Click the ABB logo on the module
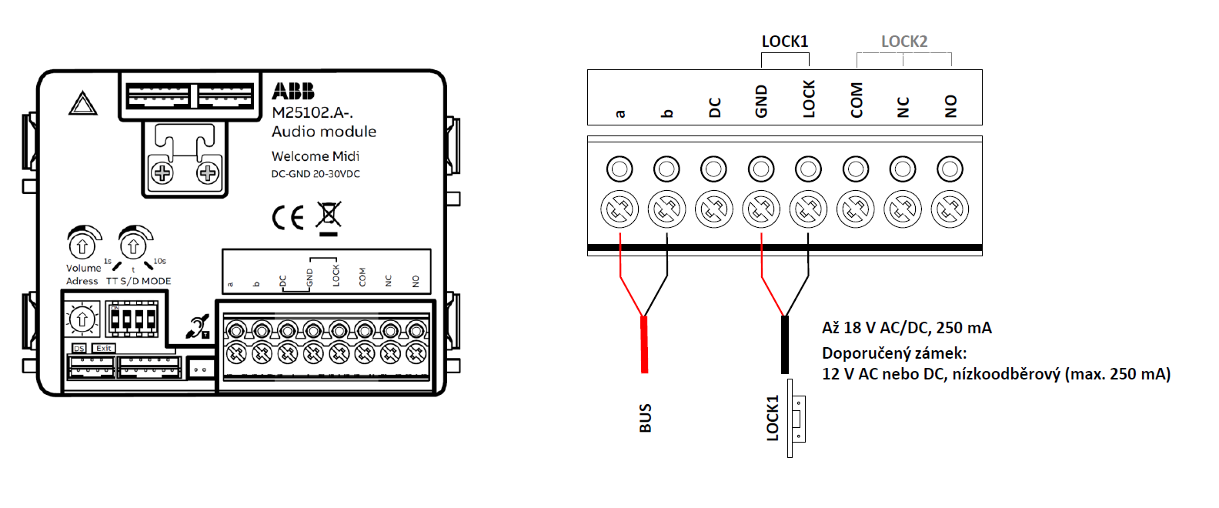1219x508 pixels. pos(293,92)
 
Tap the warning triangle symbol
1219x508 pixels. pos(83,104)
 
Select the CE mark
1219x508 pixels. pos(289,219)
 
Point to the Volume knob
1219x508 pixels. pos(82,246)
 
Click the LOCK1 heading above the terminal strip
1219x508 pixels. pos(785,42)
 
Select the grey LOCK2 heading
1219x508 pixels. pos(904,42)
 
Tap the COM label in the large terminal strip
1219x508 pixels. pos(857,101)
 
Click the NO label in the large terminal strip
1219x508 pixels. pos(951,105)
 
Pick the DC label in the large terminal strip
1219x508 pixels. pos(715,107)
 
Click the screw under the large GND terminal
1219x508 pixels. pos(761,209)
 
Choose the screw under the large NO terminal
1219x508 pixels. pos(950,209)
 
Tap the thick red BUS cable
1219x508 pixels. pos(644,344)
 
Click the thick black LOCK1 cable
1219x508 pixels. pos(785,344)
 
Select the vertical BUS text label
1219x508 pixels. pos(646,418)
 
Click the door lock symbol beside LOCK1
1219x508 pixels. pos(797,419)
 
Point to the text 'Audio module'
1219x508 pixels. pos(324,132)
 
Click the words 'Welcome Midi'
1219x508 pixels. pos(316,156)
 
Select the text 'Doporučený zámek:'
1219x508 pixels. pos(894,353)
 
